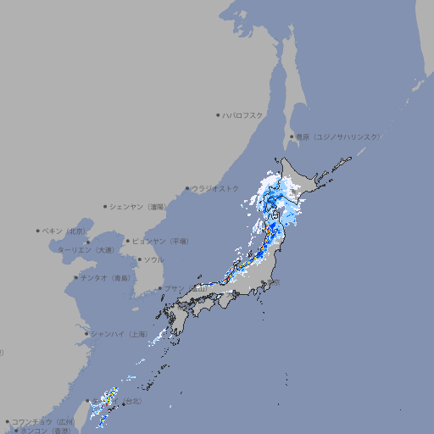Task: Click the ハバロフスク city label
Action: click(x=243, y=114)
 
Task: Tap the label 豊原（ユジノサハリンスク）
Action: click(x=338, y=136)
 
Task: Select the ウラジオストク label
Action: click(x=215, y=188)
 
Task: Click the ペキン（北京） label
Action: click(x=64, y=231)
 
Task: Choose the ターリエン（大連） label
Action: click(x=86, y=250)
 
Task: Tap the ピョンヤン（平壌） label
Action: click(x=160, y=241)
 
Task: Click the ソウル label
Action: click(x=153, y=259)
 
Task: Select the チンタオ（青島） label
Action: click(x=104, y=278)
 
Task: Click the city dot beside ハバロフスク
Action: click(x=218, y=114)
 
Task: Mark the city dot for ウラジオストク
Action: click(x=187, y=188)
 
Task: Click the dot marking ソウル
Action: click(x=138, y=259)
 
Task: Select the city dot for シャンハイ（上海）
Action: click(x=86, y=334)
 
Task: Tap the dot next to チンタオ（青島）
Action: click(x=76, y=278)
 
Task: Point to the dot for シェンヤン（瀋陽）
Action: click(x=106, y=206)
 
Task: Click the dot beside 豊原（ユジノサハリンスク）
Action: click(x=291, y=136)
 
